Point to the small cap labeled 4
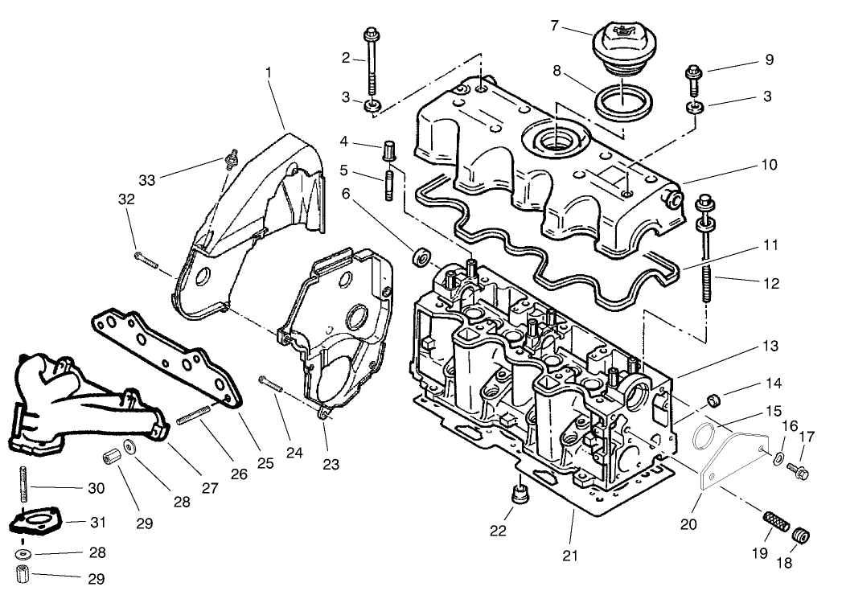(391, 150)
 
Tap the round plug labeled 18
(800, 535)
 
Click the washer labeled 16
(778, 458)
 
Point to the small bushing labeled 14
(713, 400)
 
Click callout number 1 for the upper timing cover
(269, 72)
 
